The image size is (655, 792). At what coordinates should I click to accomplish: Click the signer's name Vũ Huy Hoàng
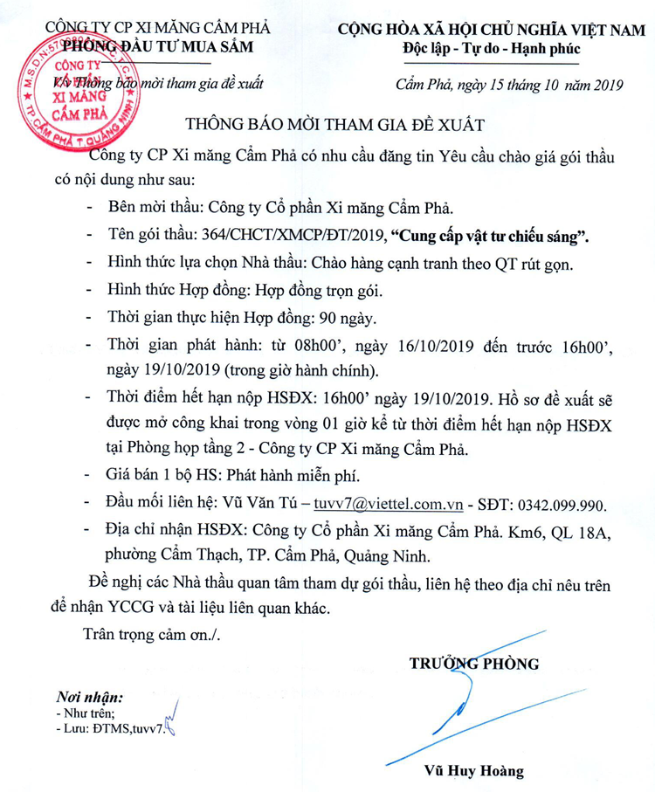pyautogui.click(x=473, y=771)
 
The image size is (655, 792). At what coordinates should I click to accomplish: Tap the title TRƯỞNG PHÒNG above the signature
pyautogui.click(x=475, y=664)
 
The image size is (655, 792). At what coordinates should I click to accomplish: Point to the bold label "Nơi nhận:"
pyautogui.click(x=89, y=698)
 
